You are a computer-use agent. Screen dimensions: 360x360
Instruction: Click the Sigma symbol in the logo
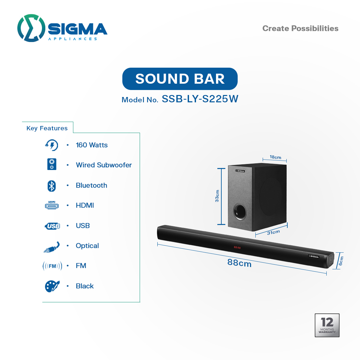point(31,28)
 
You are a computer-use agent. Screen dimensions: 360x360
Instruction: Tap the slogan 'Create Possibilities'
point(300,28)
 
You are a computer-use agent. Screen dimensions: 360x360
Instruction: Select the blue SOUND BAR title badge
point(180,79)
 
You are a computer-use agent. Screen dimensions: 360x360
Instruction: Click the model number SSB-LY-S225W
point(200,99)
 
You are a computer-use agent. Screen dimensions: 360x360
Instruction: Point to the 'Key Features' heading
point(47,128)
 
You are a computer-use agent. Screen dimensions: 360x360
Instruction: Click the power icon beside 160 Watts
point(52,145)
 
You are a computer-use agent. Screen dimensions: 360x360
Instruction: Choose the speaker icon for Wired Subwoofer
point(52,164)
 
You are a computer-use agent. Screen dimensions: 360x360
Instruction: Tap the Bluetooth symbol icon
point(52,186)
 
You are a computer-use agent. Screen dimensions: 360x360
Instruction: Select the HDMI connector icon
point(52,205)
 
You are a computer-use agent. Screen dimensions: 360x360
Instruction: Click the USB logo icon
point(52,226)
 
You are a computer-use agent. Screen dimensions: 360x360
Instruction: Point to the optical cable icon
point(52,247)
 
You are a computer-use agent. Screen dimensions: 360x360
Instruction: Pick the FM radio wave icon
point(52,266)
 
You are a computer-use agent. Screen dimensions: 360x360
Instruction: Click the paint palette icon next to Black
point(52,286)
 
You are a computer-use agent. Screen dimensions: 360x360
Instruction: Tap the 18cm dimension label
point(275,157)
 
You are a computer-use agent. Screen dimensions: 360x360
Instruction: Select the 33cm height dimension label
point(217,196)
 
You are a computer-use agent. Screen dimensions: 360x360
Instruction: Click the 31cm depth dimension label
point(273,232)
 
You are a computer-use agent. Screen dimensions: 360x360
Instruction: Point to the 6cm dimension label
point(341,261)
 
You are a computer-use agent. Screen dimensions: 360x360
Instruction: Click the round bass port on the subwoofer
point(240,212)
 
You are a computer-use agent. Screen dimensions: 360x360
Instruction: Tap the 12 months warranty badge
point(327,325)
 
